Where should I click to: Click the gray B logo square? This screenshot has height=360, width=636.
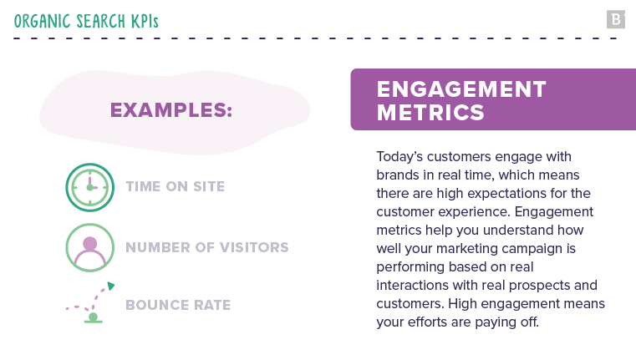tap(616, 19)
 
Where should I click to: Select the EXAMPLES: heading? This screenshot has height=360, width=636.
tap(171, 110)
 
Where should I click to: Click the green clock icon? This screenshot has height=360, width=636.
tap(90, 187)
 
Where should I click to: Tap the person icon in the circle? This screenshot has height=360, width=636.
tap(90, 247)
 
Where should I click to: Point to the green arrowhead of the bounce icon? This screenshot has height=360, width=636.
tap(110, 286)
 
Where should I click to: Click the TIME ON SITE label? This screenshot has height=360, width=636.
tap(175, 186)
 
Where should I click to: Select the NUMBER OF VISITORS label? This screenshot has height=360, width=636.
tap(207, 247)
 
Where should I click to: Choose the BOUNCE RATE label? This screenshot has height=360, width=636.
tap(178, 305)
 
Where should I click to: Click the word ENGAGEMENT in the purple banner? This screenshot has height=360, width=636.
tap(461, 89)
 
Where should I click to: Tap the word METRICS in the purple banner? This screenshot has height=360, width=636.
tap(430, 112)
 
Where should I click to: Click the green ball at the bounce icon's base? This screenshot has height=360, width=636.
tap(93, 317)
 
